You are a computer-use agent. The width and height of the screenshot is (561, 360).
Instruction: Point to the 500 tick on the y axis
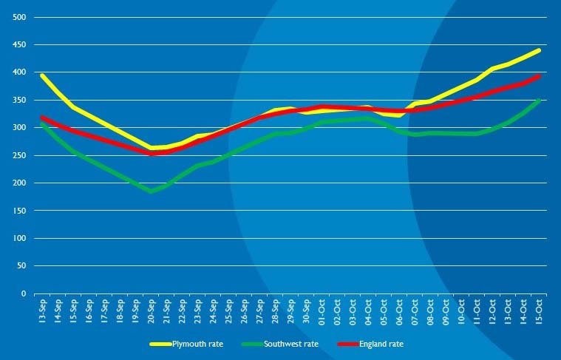pos(20,17)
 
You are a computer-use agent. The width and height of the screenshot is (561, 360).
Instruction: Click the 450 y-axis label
pos(20,44)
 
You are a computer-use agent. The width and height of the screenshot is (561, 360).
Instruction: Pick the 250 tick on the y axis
pos(20,155)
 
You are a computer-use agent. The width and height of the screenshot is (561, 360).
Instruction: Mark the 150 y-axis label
pos(20,211)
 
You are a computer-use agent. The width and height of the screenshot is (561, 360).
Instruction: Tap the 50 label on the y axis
pos(22,266)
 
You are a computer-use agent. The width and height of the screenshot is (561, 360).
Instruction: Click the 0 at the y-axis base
pos(24,293)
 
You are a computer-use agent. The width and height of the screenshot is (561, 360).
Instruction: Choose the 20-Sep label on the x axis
pos(151,311)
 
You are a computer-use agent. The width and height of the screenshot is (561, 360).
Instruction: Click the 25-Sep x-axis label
pos(228,311)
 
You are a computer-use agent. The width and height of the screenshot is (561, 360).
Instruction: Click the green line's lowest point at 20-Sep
pos(151,191)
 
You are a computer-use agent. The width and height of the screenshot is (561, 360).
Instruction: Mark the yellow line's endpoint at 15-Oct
pos(539,50)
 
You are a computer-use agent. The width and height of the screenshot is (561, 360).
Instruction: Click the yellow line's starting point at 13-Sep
pos(42,75)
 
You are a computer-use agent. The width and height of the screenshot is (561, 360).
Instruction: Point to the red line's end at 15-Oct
pos(539,76)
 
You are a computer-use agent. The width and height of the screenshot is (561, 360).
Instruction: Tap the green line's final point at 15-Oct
pos(539,101)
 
